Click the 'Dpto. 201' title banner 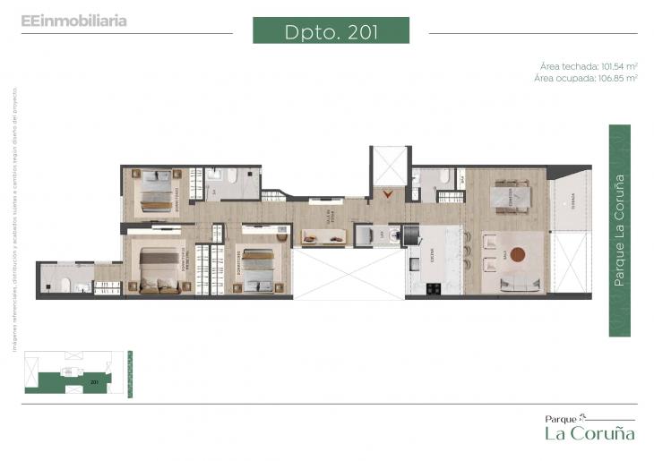coord(331,30)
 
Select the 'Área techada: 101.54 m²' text coord(588,66)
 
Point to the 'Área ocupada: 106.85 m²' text coord(586,78)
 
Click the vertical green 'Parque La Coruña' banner coord(619,230)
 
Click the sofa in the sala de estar coord(324,237)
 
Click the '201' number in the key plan coord(93,381)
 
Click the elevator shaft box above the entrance coord(389,166)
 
